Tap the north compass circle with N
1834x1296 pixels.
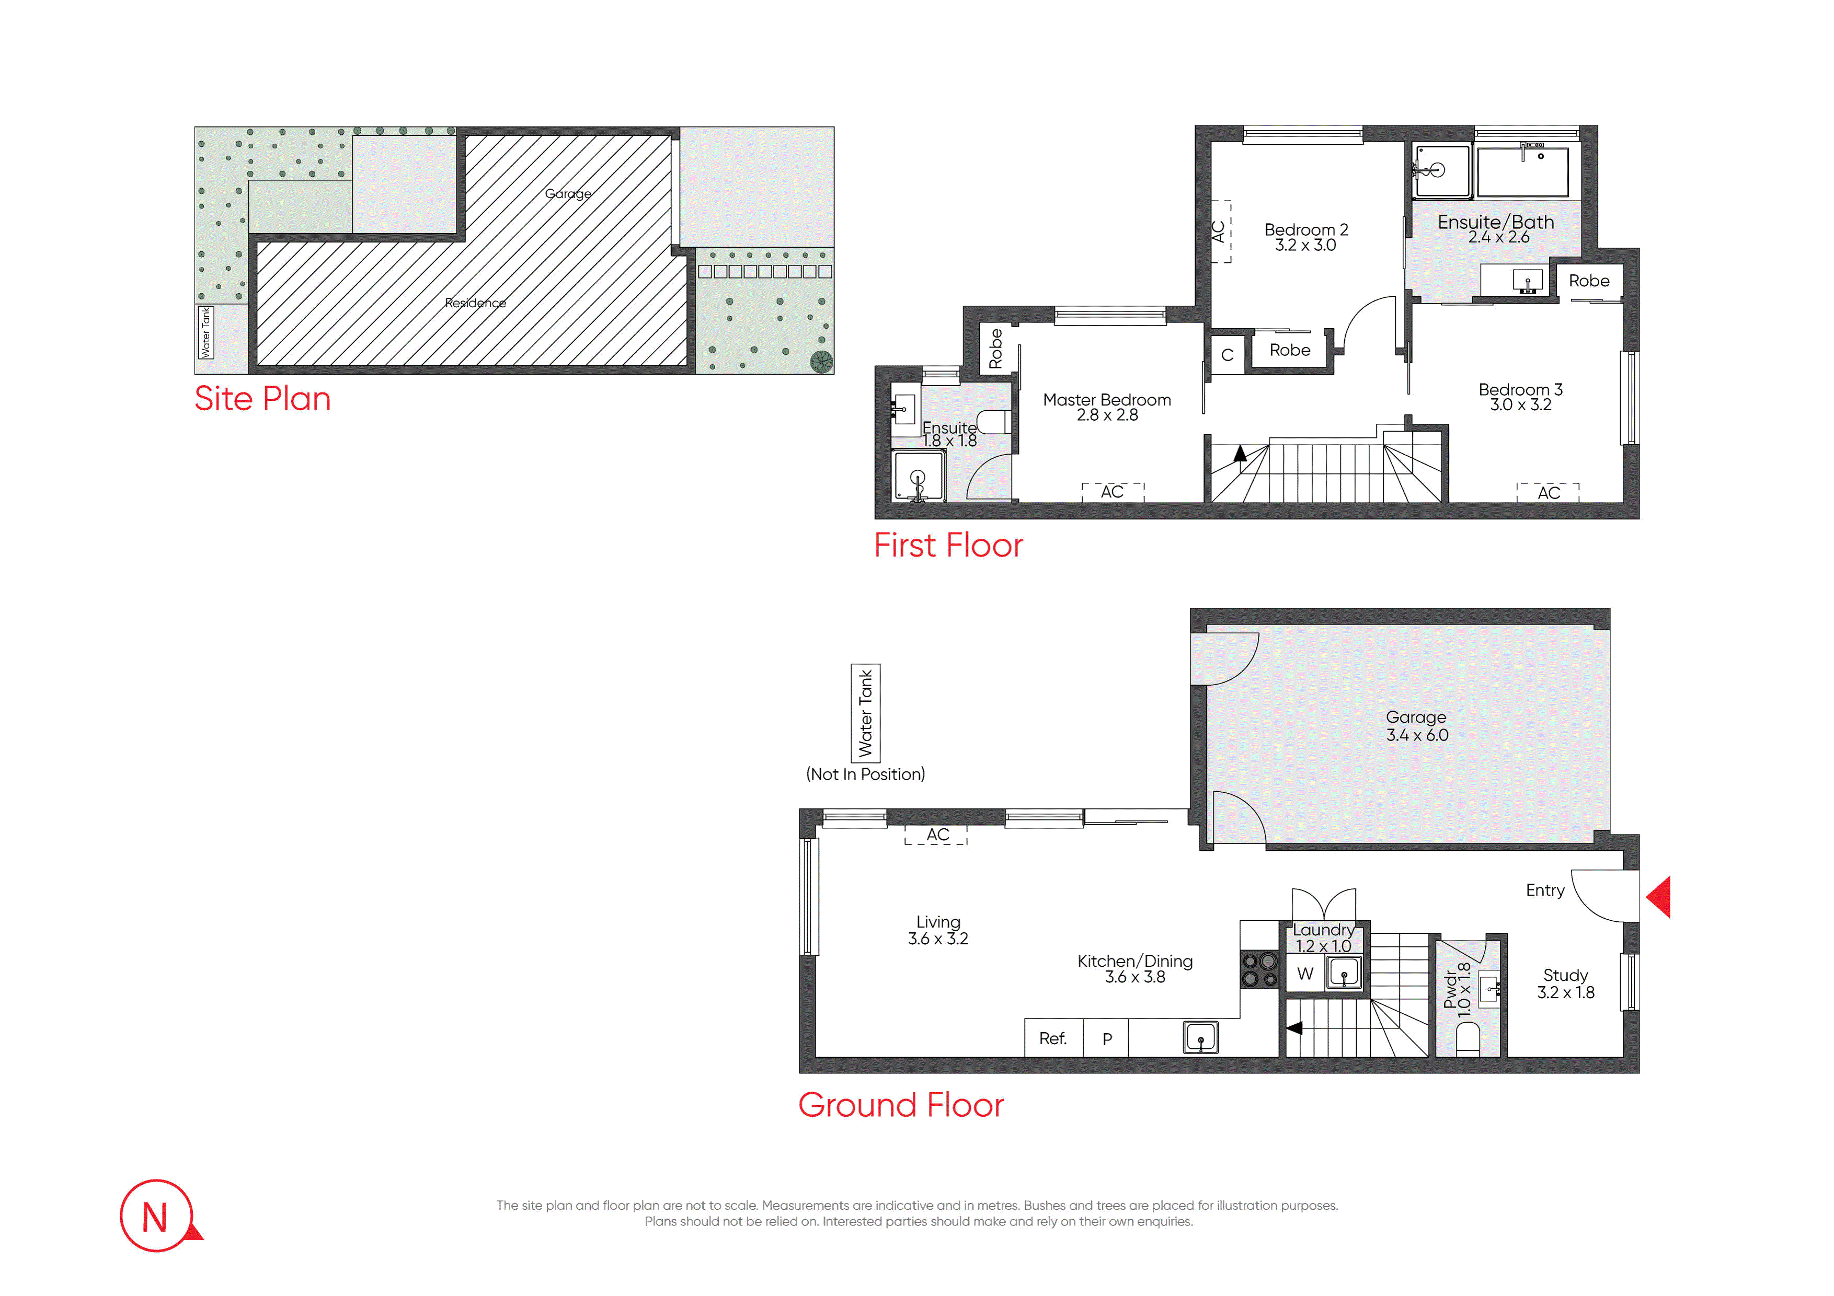tap(156, 1216)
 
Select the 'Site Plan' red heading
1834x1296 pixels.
tap(263, 398)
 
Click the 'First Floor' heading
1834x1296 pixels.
tap(948, 546)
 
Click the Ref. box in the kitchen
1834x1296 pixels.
tap(1053, 1038)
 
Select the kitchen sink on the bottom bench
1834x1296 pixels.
tap(1200, 1038)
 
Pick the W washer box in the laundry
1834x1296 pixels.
tap(1305, 974)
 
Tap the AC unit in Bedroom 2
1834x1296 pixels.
tap(1221, 232)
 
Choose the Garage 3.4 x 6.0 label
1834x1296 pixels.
tap(1416, 726)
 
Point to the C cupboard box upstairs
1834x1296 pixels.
tap(1228, 354)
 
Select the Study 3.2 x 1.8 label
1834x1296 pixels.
tap(1566, 984)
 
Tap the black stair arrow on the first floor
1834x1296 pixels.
tap(1240, 454)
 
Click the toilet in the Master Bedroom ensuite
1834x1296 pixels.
tap(994, 422)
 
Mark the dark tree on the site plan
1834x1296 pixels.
tap(821, 362)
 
